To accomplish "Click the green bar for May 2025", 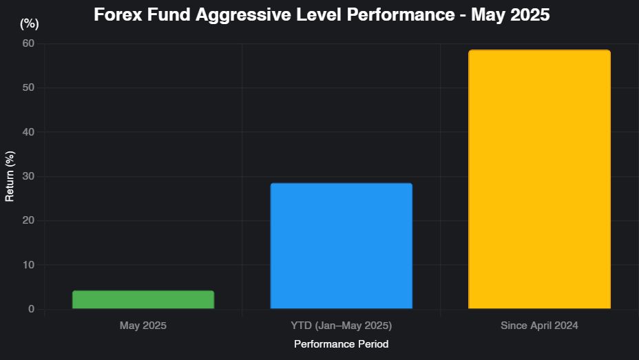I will [x=143, y=299].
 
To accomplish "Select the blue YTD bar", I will [x=341, y=246].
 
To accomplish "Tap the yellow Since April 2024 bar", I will [x=539, y=180].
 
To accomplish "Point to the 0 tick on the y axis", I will [x=30, y=309].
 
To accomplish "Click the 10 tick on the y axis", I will [x=28, y=265].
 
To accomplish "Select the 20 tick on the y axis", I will [x=28, y=221].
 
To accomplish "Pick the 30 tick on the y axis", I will [x=28, y=176].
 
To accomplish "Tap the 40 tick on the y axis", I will [x=28, y=132].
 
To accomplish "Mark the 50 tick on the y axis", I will [x=28, y=87].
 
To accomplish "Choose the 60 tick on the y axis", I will [x=28, y=43].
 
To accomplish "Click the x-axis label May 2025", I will [x=143, y=325].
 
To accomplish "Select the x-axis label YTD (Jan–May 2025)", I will [x=341, y=325].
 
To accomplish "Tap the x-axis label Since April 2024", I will [x=539, y=325].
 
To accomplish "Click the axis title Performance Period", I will [x=341, y=343].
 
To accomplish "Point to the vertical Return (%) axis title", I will [x=10, y=176].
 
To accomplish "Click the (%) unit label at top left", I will [x=30, y=24].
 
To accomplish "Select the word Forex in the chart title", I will [x=116, y=14].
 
